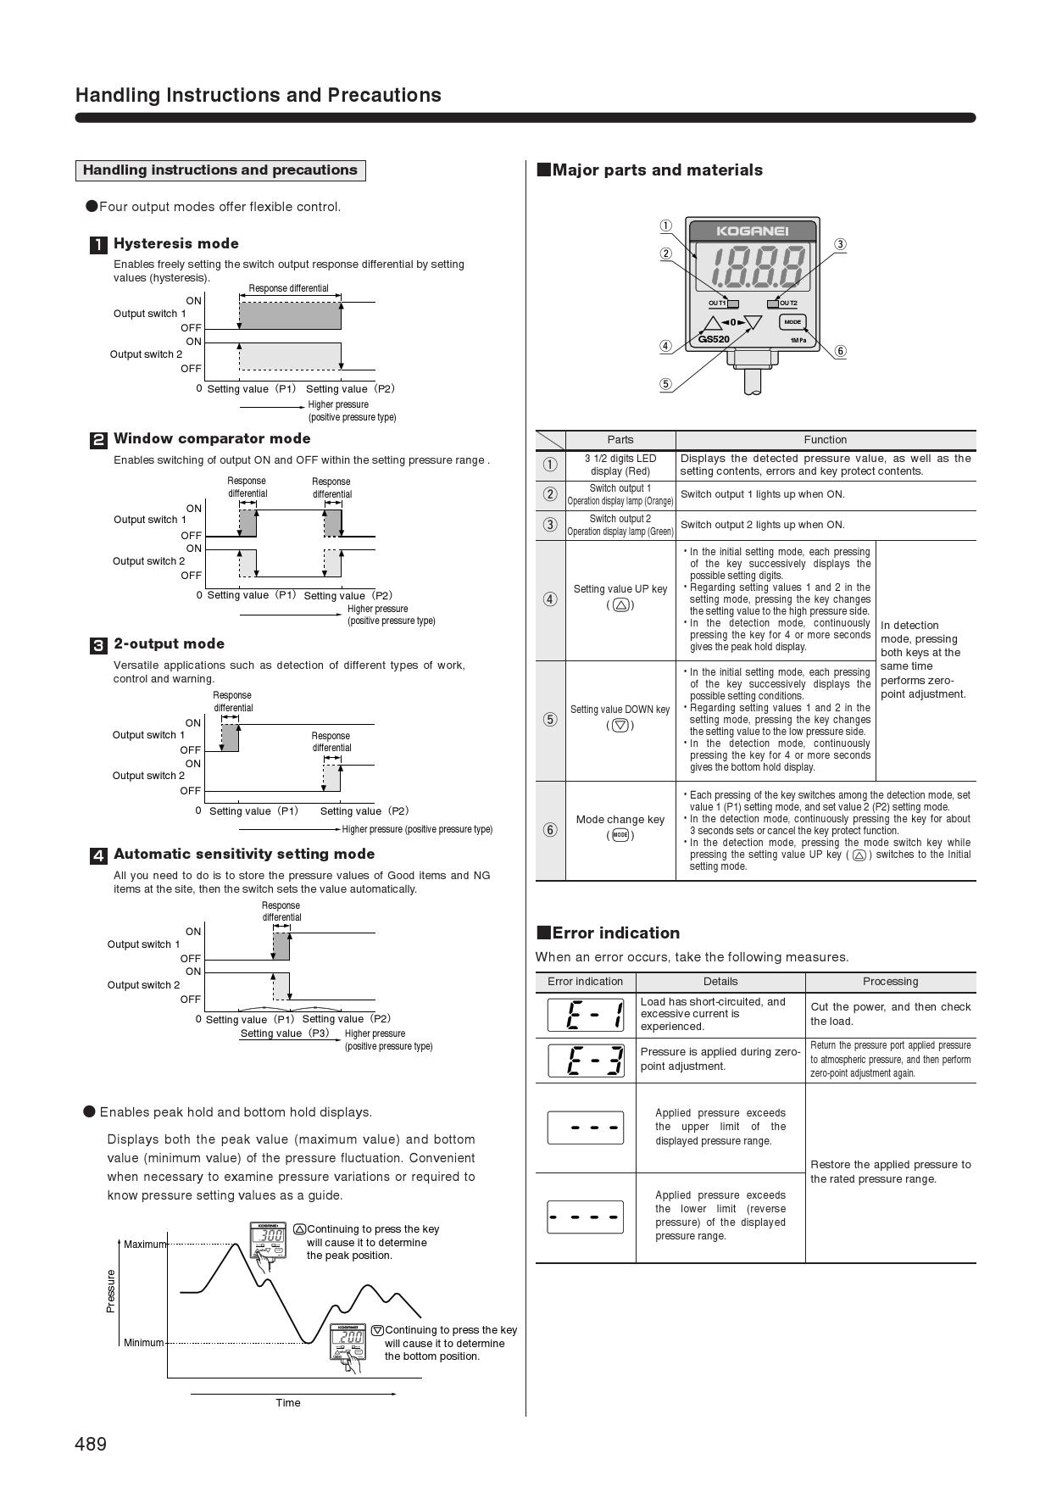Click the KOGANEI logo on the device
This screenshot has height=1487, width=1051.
[x=753, y=231]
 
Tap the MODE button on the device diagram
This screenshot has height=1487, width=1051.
[x=792, y=322]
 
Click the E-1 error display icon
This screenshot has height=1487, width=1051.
[x=586, y=1015]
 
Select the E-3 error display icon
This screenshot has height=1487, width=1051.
[x=586, y=1060]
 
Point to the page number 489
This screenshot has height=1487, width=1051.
[x=91, y=1444]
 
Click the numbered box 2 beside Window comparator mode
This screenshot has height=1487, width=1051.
[x=98, y=440]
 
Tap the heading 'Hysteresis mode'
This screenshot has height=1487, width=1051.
[x=175, y=244]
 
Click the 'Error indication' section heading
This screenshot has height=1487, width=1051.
[x=615, y=933]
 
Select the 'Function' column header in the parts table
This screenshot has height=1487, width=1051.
[x=825, y=440]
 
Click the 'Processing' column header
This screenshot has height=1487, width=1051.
[x=890, y=982]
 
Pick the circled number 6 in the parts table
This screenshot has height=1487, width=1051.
[x=550, y=830]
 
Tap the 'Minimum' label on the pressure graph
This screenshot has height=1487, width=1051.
[x=143, y=1343]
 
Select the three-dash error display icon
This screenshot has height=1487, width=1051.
[x=586, y=1128]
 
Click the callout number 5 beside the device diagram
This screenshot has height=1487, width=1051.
[x=666, y=384]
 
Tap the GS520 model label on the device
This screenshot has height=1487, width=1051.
[x=714, y=339]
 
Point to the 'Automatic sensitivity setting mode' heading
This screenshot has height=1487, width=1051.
[x=244, y=855]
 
